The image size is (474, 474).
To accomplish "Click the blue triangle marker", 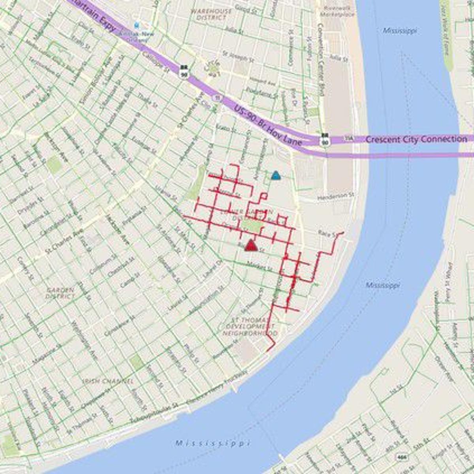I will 276,175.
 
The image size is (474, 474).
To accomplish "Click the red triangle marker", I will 250,246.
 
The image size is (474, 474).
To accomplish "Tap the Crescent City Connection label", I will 416,139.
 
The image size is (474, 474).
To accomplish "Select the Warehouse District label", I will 211,14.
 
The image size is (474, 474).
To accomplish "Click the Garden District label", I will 60,293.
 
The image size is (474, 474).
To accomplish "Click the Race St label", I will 327,234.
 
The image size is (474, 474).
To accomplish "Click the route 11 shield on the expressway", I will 216,97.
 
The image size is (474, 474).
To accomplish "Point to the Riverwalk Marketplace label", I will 339,11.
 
